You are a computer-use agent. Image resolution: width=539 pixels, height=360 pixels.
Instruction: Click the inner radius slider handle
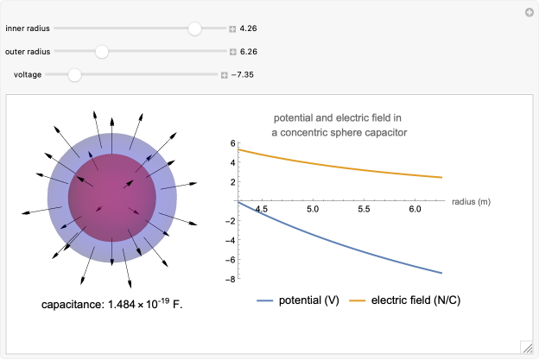(195, 28)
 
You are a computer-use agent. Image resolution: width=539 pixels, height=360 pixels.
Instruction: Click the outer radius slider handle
(102, 52)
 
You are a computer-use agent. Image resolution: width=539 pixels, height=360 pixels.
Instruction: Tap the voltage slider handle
(74, 75)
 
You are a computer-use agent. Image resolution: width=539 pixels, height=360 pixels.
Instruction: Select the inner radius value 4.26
(249, 28)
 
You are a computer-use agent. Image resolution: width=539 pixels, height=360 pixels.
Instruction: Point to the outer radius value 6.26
(249, 52)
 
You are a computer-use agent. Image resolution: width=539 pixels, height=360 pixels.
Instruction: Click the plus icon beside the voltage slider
(224, 75)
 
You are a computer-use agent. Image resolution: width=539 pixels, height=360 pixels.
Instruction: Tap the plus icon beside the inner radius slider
(232, 28)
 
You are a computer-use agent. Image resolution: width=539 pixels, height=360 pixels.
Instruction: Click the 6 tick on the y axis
(231, 143)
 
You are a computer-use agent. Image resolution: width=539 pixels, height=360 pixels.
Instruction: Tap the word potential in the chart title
(295, 117)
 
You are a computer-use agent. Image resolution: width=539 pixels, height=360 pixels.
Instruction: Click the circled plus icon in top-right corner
(529, 12)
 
